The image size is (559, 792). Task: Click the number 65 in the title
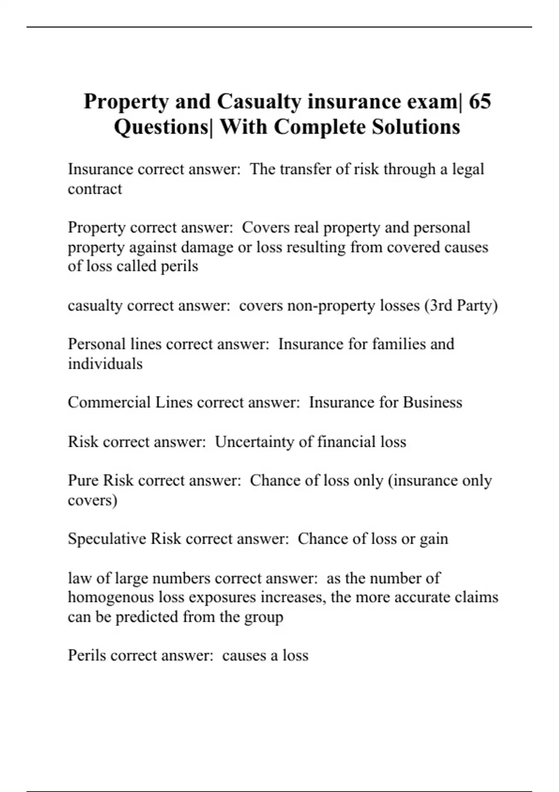[479, 102]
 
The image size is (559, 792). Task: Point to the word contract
[95, 189]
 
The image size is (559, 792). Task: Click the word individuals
[105, 363]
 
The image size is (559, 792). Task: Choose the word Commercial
[109, 402]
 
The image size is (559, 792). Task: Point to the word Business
[432, 402]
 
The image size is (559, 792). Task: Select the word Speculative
[107, 539]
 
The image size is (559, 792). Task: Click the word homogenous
[111, 597]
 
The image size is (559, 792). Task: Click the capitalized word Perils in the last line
[87, 655]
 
